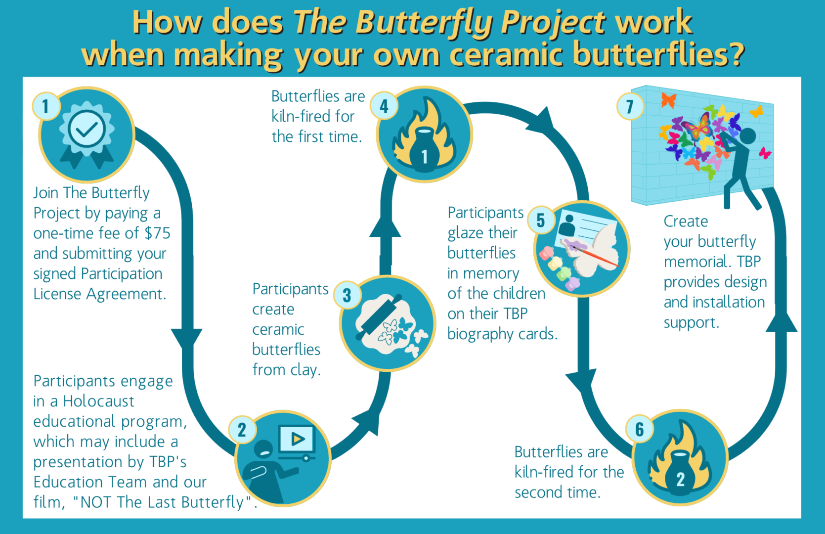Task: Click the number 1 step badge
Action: [46, 106]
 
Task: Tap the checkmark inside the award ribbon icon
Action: [87, 129]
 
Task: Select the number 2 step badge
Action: [242, 430]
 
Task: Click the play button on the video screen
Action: [297, 439]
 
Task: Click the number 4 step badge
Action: [384, 106]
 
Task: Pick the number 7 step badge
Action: [629, 106]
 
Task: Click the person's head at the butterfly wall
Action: [747, 136]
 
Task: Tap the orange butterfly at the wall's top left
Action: [668, 100]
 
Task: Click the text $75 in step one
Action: [157, 233]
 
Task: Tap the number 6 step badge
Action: [639, 429]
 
